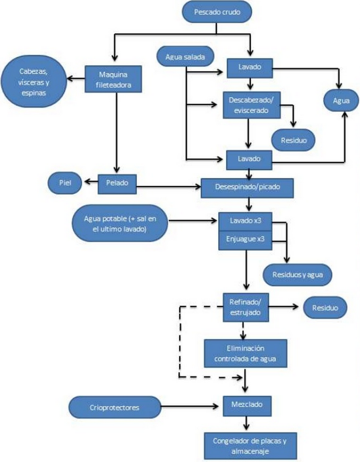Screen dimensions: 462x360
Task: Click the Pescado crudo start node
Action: click(x=217, y=12)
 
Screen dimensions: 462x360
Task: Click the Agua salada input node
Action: click(x=185, y=58)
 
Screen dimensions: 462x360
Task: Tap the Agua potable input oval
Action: click(x=120, y=223)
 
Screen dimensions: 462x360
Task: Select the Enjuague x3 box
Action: click(x=246, y=239)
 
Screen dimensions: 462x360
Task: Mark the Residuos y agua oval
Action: click(x=297, y=275)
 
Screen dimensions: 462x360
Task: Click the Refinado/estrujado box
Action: click(x=246, y=307)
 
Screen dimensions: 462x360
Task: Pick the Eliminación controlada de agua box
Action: click(x=246, y=353)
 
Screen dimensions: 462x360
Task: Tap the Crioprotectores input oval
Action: click(x=115, y=407)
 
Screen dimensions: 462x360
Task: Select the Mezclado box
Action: click(x=246, y=405)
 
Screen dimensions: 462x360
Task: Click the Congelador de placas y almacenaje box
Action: click(x=250, y=446)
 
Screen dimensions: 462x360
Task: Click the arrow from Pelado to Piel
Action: click(x=90, y=183)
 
